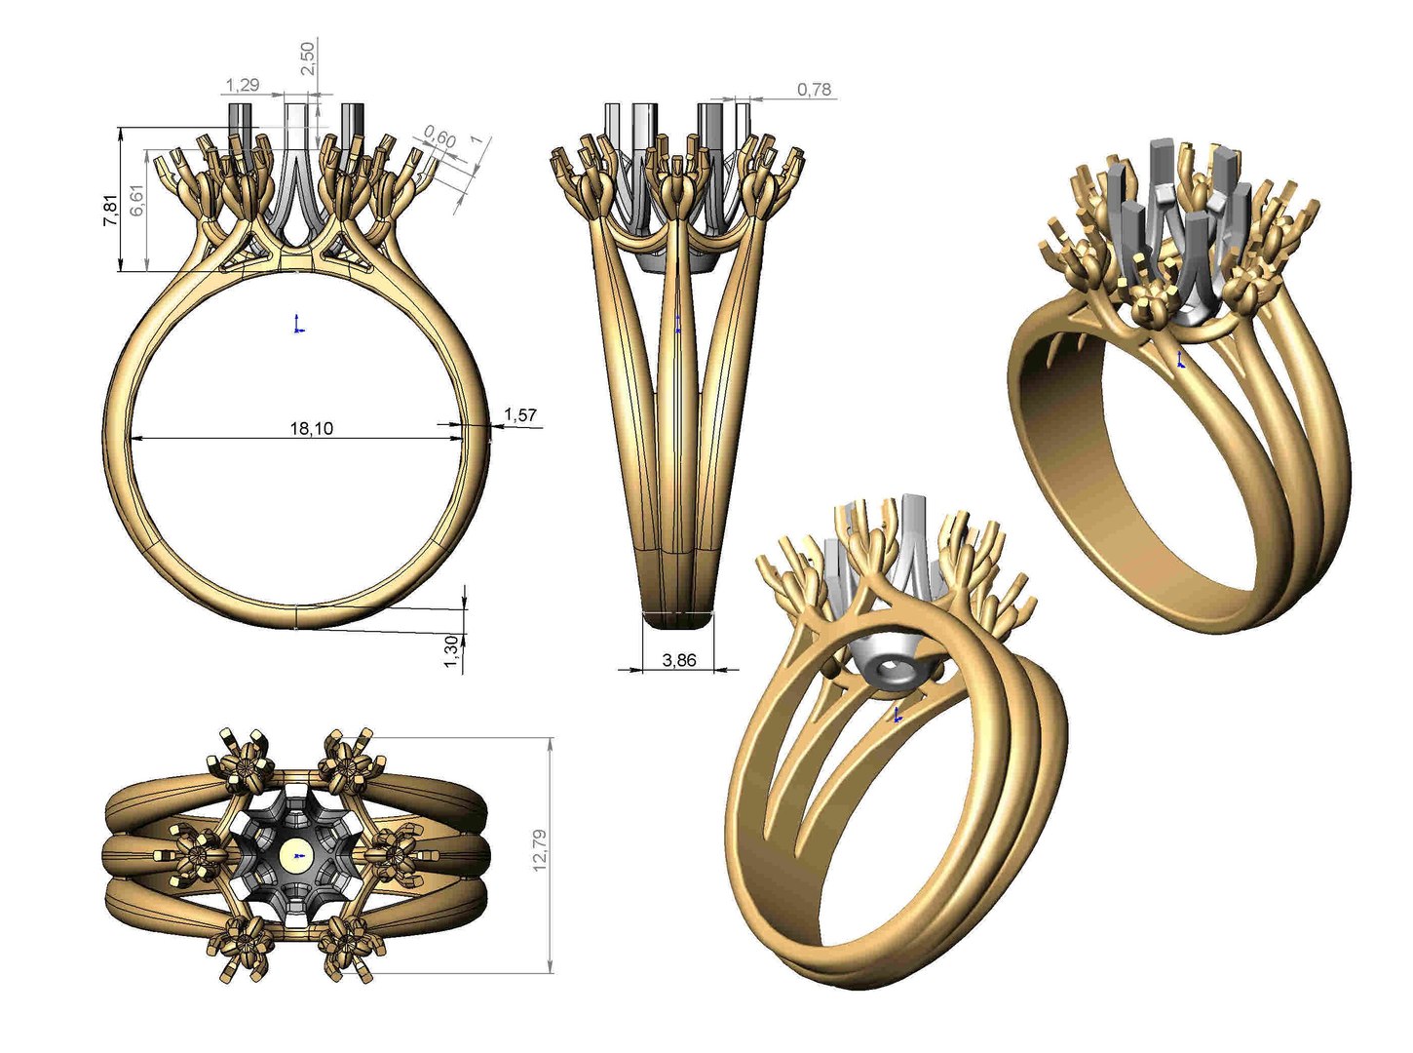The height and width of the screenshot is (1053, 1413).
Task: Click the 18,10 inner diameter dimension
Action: tap(311, 428)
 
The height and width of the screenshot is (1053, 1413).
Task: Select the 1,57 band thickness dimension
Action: tap(520, 415)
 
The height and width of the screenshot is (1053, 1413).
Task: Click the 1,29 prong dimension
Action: tap(243, 85)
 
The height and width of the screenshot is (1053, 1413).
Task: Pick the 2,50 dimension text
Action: tap(308, 58)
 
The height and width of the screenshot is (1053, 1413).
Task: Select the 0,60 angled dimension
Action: tap(440, 139)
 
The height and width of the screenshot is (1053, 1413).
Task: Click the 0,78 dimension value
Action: tap(815, 90)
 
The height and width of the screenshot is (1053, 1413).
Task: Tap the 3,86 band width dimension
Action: tap(679, 660)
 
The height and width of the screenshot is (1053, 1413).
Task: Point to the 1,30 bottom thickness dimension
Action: tap(451, 652)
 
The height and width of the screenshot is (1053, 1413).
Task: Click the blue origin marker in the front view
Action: tap(298, 324)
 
